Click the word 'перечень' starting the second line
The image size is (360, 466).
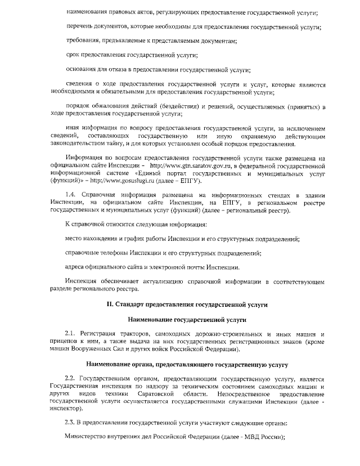click(x=80, y=26)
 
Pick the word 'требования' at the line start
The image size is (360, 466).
click(x=83, y=41)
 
